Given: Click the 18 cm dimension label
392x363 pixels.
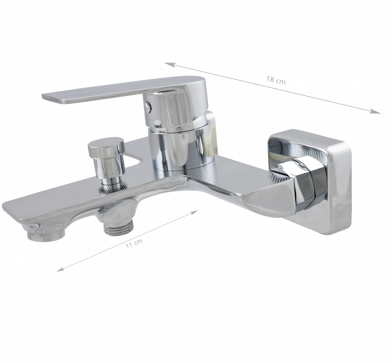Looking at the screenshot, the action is coord(276,80).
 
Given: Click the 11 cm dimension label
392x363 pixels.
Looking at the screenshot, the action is coord(134,243).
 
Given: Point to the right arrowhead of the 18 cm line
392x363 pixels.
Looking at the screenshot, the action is coord(376,112).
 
